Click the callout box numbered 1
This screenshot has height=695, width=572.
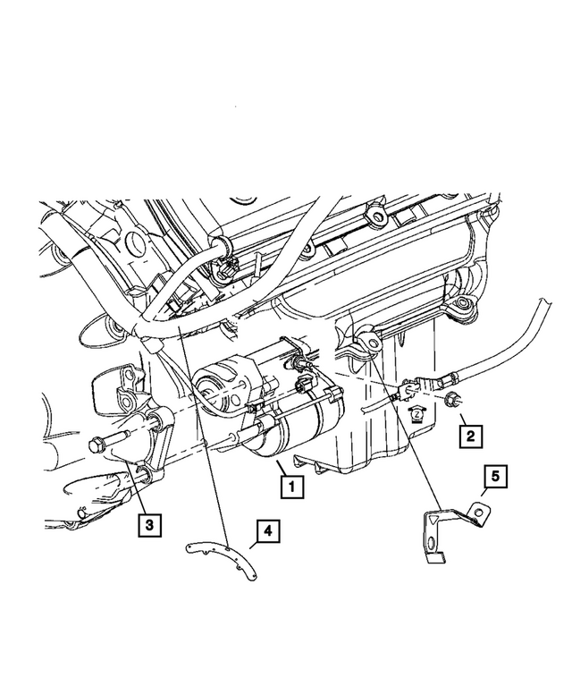289,488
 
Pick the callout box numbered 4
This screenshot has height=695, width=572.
266,533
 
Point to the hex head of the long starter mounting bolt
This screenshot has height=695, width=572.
96,443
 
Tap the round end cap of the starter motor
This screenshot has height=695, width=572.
214,386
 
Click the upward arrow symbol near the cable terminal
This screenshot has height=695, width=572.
415,413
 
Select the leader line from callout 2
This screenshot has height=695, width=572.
456,416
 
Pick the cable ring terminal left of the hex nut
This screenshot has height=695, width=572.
409,390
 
